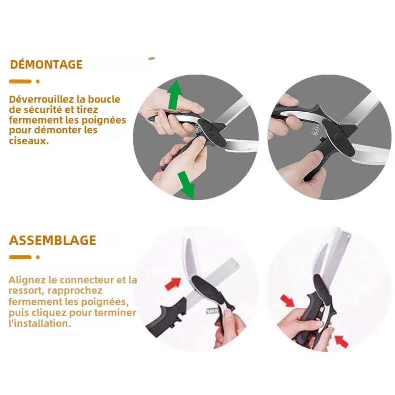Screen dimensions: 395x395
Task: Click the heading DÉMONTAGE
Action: tap(46, 64)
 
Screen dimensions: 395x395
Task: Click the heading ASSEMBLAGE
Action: tap(52, 240)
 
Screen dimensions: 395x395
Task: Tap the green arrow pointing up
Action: tap(174, 95)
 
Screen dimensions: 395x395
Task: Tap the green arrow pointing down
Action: tap(187, 185)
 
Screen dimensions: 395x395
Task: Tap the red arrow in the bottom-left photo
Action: tap(173, 284)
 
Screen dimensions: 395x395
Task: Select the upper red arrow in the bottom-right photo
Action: tap(287, 301)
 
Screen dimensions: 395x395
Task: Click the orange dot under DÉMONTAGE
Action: tap(38, 81)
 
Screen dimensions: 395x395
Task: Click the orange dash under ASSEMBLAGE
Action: tap(20, 257)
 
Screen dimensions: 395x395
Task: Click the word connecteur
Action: tap(87, 280)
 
